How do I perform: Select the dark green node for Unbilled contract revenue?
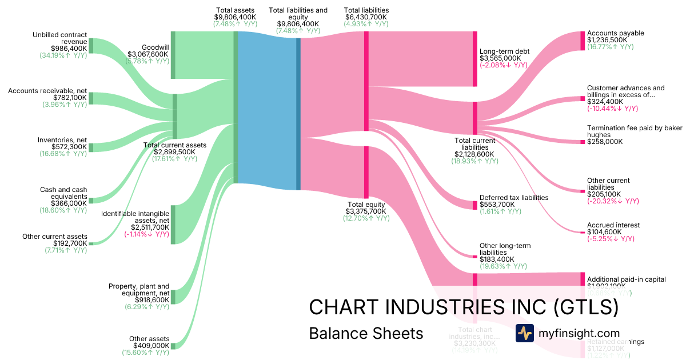tap(91, 46)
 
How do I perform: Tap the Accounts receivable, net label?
tap(47, 91)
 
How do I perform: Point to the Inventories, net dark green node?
tap(91, 147)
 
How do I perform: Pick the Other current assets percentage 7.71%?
tap(66, 250)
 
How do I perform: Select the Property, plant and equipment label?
tap(139, 290)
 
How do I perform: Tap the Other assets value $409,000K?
tap(151, 346)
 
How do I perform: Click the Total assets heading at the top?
tap(235, 10)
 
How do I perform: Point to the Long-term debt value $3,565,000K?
tap(500, 58)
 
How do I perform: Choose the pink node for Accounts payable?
tap(583, 41)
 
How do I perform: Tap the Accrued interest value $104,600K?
tap(605, 232)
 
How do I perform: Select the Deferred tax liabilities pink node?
tap(474, 205)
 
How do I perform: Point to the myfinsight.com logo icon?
tap(524, 333)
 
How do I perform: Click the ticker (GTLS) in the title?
tap(586, 307)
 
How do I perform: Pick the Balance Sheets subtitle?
tap(366, 333)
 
